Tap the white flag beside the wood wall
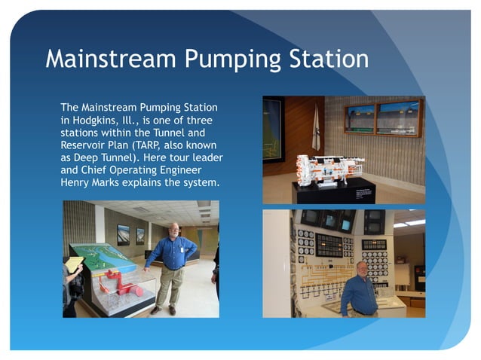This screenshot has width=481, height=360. pyautogui.click(x=316, y=128)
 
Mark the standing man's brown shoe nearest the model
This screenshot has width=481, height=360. pyautogui.click(x=155, y=310)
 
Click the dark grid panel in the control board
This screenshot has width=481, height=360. pyautogui.click(x=328, y=245)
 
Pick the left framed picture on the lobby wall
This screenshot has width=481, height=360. pyautogui.click(x=122, y=235)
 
